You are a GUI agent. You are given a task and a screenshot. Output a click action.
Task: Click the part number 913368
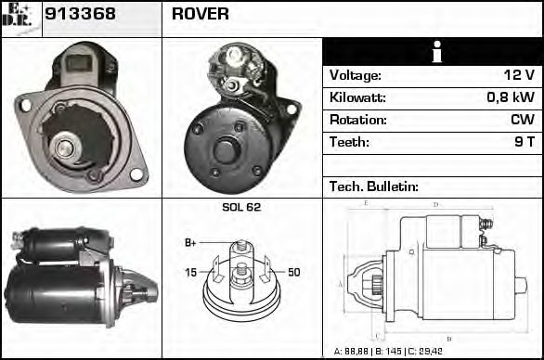coord(81,16)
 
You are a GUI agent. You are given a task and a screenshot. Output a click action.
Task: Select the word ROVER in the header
coord(200,16)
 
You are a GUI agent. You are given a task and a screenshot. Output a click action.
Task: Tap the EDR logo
coord(19,17)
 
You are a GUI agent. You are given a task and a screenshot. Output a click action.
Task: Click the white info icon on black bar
coord(432,52)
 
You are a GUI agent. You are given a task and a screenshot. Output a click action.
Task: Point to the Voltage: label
coord(356,75)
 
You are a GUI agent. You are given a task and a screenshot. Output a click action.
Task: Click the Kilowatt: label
coord(357,97)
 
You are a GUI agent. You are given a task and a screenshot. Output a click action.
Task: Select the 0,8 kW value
coord(511,97)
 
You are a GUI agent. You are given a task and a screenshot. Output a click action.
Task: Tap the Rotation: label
coord(357,120)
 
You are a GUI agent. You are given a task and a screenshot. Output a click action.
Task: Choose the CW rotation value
coord(522,120)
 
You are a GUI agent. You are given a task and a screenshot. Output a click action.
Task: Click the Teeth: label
coord(349,142)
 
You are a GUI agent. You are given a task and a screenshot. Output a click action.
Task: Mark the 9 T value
coord(524,142)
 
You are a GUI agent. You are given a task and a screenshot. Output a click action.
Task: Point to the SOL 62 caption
coord(241,207)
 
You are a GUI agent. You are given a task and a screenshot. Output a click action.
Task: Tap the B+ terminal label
coord(190,243)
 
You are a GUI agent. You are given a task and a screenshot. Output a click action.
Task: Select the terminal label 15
coord(190,272)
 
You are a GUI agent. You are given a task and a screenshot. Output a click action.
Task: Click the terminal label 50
coord(293,272)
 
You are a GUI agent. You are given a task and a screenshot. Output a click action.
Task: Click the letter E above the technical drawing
coord(366,202)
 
